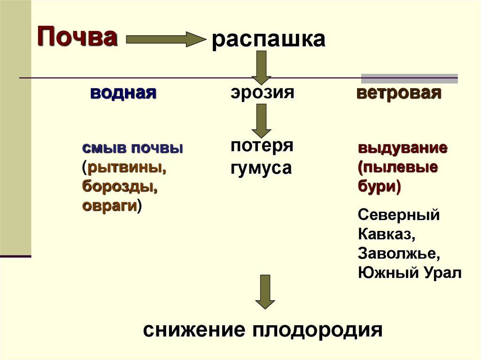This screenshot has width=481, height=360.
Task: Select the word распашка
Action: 268,39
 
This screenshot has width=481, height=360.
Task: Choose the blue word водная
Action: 123,92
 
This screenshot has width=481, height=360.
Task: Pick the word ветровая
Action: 399,92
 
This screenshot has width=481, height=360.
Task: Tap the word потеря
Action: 262,145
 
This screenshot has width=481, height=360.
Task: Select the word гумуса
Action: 261,168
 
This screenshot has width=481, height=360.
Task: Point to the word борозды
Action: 119,187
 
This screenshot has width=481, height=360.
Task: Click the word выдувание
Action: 402,148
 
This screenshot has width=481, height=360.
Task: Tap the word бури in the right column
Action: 378,187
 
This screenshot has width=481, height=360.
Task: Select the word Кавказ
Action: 384,234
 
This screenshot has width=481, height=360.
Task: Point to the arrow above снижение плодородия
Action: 265,291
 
